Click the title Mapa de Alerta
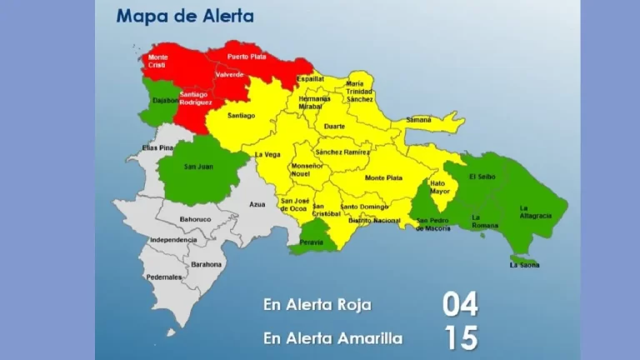(185, 16)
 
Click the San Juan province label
(198, 167)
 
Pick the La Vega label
(267, 154)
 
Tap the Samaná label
(418, 120)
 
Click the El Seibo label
(482, 177)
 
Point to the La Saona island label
(524, 265)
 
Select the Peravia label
(312, 242)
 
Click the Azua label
(257, 203)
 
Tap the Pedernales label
(163, 277)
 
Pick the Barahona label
(206, 264)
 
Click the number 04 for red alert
(460, 304)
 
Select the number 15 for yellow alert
(460, 337)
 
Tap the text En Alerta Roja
(317, 305)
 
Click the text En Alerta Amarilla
(332, 338)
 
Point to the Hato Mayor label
(440, 187)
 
